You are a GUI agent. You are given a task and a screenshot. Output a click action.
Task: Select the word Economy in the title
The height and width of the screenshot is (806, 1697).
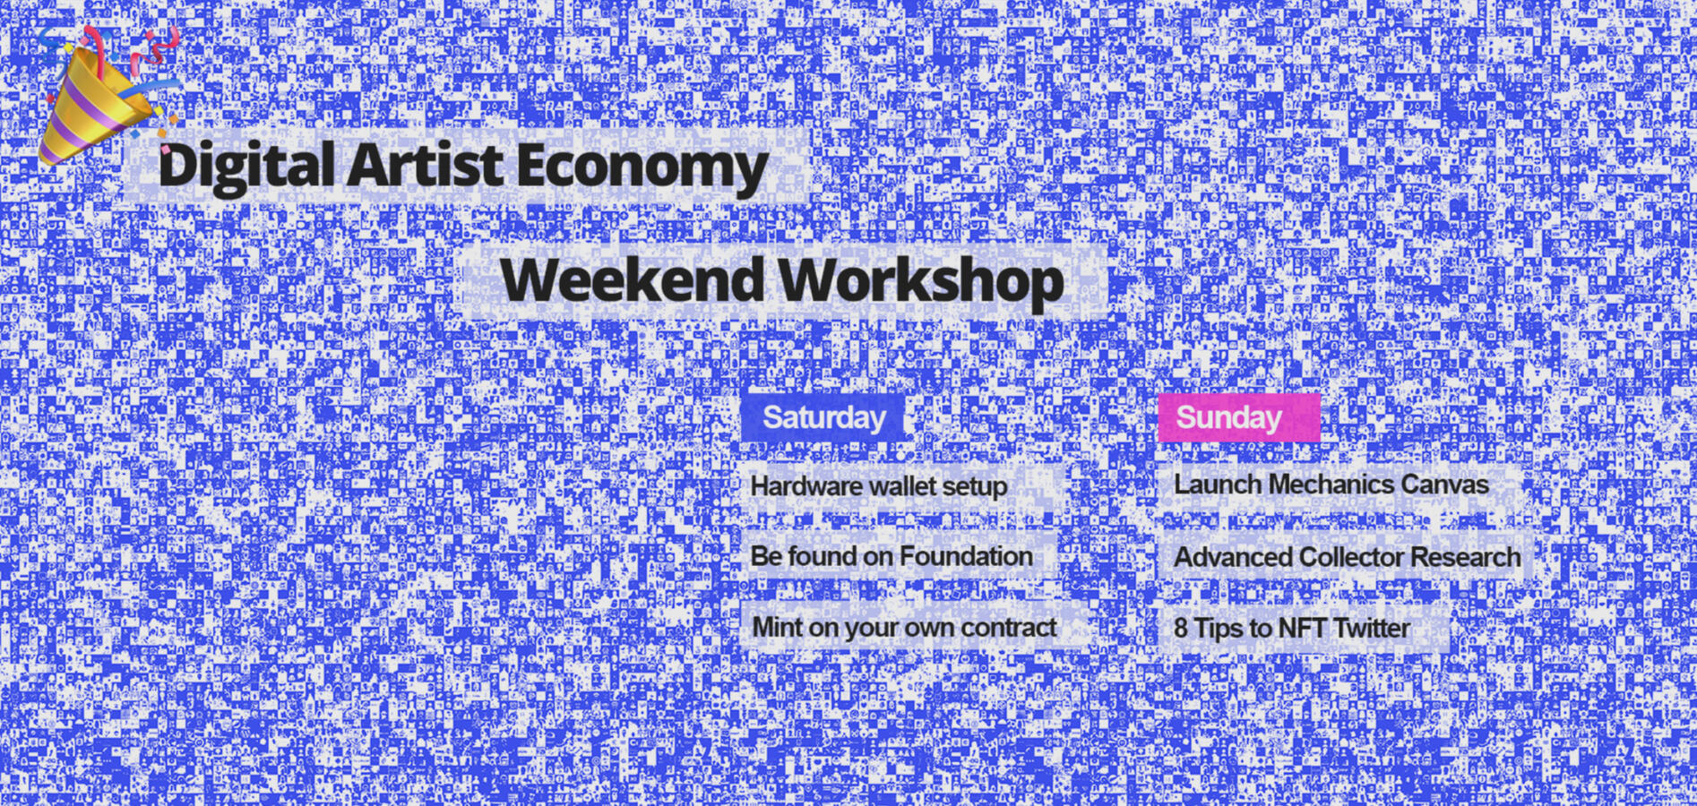pyautogui.click(x=642, y=167)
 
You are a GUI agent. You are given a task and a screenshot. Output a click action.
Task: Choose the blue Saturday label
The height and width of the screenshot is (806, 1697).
pyautogui.click(x=823, y=418)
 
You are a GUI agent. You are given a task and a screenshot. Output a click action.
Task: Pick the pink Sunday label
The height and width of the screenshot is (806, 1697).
pyautogui.click(x=1237, y=418)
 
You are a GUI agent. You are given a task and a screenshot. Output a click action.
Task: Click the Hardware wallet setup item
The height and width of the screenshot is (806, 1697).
pyautogui.click(x=879, y=486)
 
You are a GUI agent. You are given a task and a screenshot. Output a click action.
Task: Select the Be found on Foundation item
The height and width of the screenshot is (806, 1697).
pyautogui.click(x=892, y=556)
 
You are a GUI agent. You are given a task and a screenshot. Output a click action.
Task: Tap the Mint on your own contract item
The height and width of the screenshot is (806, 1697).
pyautogui.click(x=904, y=627)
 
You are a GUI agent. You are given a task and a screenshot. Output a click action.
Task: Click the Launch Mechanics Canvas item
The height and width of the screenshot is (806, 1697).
pyautogui.click(x=1331, y=484)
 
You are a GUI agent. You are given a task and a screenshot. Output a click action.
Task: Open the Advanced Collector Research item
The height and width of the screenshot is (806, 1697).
pyautogui.click(x=1347, y=557)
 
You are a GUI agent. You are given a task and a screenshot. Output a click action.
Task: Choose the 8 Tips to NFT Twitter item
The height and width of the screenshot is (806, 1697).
pyautogui.click(x=1291, y=628)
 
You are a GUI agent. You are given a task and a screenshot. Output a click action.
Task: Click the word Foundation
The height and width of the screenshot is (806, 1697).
pyautogui.click(x=965, y=556)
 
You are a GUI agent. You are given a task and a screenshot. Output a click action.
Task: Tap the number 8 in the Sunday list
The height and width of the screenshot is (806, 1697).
pyautogui.click(x=1181, y=628)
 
